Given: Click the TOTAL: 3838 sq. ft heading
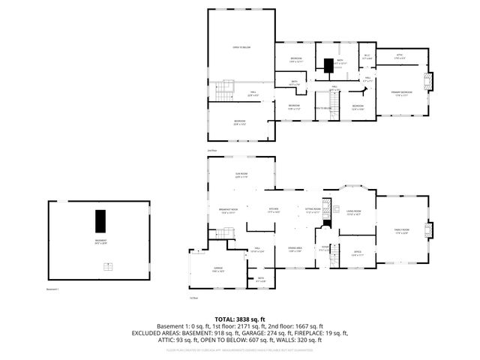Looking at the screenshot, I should click(239, 319).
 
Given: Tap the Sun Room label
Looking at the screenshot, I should click(241, 175).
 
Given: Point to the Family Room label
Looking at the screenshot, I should click(401, 231).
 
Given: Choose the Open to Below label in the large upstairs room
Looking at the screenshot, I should click(241, 47).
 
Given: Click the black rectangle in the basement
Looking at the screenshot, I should click(100, 222).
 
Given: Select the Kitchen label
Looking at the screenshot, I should click(274, 211).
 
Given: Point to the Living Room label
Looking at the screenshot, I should click(352, 212).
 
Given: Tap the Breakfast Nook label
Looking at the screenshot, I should click(229, 211).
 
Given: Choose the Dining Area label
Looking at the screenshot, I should click(274, 250).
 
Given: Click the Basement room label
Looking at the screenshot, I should click(100, 241).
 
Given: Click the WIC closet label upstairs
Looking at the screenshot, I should click(367, 55).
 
